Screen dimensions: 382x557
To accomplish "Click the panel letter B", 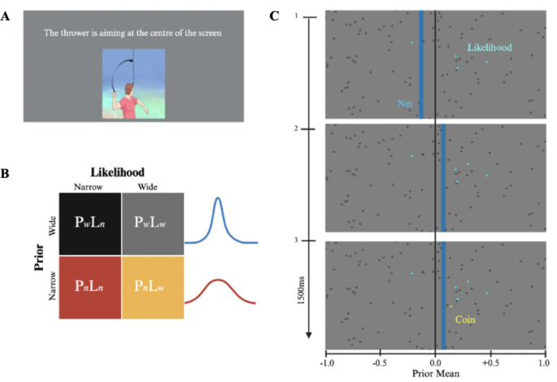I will coord(7,174).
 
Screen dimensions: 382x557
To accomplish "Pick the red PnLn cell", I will coord(90,288).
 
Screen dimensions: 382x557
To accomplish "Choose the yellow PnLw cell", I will coord(152,288).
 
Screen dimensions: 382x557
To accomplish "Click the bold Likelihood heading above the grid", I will coord(123,173).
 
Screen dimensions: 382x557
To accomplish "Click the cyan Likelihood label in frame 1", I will coord(490,48).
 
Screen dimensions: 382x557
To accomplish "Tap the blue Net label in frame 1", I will coord(405,103).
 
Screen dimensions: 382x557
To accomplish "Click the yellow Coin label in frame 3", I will coord(464,319).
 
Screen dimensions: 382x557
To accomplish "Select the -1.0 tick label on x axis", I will coord(326,362).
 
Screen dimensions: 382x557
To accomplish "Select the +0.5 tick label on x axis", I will coord(490,362).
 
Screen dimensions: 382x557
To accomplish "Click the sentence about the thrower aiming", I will coord(133,33).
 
